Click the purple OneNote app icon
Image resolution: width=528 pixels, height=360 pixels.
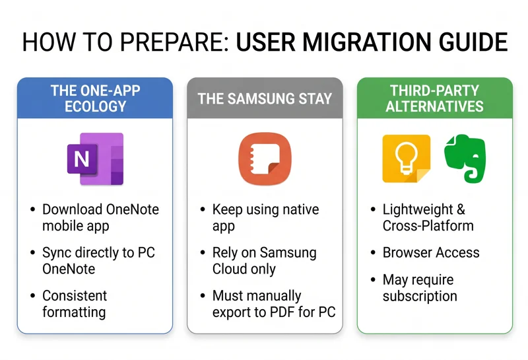(x=95, y=159)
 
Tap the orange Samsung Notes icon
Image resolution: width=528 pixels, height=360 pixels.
(x=265, y=159)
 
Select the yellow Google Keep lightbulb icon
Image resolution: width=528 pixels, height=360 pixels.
(x=406, y=159)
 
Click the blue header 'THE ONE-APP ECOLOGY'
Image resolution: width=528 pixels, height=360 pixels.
(x=95, y=98)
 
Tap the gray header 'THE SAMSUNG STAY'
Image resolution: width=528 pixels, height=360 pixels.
(x=265, y=99)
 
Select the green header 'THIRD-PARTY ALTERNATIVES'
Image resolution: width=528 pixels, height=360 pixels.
(x=436, y=98)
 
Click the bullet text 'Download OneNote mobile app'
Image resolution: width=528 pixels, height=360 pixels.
(x=100, y=217)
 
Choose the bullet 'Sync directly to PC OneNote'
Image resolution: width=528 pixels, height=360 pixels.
(x=99, y=260)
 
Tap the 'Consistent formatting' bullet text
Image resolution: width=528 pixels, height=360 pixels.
(x=74, y=303)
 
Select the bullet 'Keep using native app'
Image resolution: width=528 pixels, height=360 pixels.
(x=265, y=217)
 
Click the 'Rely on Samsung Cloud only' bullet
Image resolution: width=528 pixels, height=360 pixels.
(x=264, y=260)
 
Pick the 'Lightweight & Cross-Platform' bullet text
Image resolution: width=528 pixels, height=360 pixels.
(x=428, y=217)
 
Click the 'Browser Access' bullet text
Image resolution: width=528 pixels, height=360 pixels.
(x=431, y=252)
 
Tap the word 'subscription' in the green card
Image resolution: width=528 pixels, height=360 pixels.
(x=420, y=296)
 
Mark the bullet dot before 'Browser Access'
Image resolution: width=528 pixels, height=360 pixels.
(x=372, y=253)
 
